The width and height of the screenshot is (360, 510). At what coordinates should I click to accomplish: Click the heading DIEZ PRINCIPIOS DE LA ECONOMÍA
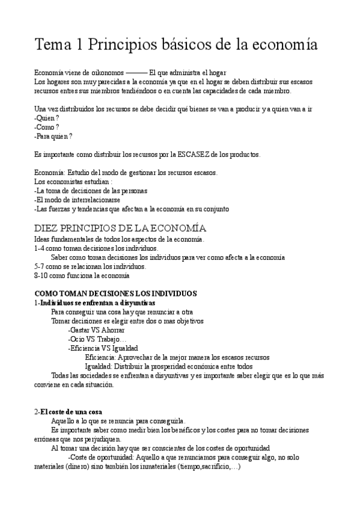[x=120, y=228]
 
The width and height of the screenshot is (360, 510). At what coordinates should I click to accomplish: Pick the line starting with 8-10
[x=82, y=275]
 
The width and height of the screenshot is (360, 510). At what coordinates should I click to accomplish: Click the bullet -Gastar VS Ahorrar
[x=96, y=330]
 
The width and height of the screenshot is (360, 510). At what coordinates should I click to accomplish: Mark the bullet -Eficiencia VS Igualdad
[x=103, y=348]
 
